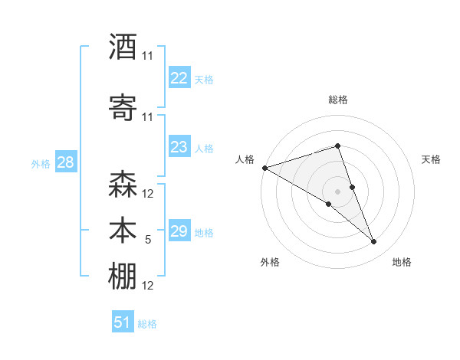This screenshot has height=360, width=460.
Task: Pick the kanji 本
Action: coord(123,231)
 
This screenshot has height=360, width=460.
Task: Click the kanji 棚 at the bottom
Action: coord(123,277)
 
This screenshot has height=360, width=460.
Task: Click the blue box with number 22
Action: coord(179,77)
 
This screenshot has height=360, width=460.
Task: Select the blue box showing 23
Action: coord(179,147)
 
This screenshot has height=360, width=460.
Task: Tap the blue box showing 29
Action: coord(179,231)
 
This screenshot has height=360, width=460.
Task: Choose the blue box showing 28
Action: coord(65,162)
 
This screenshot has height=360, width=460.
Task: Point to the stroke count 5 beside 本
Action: coord(148,240)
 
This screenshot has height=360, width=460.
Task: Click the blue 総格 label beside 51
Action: coord(147,324)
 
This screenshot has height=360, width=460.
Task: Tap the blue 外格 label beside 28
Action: coord(41,163)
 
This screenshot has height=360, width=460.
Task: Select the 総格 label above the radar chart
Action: coord(338,100)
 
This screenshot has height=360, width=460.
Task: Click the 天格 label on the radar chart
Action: coord(431,159)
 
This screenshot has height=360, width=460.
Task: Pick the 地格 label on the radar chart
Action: coord(402,262)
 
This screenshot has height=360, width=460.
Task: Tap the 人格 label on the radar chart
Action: coord(245,159)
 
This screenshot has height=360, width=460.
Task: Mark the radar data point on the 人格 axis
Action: coord(264,168)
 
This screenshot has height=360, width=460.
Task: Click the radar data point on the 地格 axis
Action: coord(374,242)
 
